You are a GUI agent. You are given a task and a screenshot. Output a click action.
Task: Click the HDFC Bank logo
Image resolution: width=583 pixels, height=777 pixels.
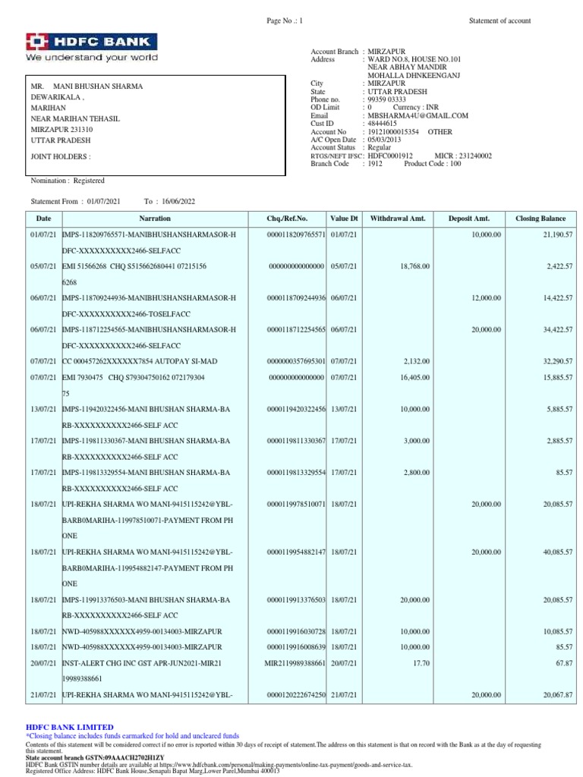(92, 47)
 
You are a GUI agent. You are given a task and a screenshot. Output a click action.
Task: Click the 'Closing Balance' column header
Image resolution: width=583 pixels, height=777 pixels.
(540, 219)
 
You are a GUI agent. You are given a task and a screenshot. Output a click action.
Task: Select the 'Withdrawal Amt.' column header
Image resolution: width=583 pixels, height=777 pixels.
(397, 219)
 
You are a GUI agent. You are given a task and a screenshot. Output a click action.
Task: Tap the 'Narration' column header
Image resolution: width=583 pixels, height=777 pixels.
(154, 219)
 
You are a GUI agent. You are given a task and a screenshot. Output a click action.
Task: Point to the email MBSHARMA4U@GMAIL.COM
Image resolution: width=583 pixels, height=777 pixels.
(418, 115)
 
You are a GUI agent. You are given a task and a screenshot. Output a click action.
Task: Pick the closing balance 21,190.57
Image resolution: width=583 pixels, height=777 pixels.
(557, 235)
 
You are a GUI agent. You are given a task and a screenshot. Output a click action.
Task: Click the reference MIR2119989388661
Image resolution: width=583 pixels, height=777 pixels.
(295, 662)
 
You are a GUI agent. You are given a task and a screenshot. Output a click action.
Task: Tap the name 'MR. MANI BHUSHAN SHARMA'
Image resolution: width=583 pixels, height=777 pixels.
(87, 87)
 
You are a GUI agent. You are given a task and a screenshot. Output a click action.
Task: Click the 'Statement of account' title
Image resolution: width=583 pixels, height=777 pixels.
(499, 21)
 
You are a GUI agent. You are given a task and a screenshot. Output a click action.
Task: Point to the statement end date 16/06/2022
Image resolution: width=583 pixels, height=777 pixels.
(178, 201)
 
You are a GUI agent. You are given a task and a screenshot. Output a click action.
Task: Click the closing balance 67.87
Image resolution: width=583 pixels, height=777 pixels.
(562, 662)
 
